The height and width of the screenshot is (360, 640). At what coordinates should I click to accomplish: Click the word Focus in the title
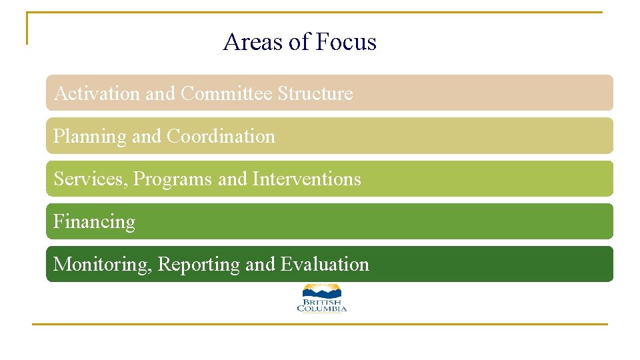(346, 42)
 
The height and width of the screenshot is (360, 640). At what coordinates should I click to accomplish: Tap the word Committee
(227, 94)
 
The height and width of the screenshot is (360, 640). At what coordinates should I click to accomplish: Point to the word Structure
(315, 94)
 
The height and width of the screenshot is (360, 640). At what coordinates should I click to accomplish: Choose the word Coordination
(221, 137)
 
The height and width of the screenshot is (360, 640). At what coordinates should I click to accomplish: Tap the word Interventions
(307, 179)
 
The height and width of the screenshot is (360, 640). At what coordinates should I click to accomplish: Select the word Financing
(94, 222)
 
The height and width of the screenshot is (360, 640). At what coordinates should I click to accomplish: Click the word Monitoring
(103, 265)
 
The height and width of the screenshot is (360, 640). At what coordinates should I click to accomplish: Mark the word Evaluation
(325, 265)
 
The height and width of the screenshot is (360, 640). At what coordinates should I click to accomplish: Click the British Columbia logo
(322, 298)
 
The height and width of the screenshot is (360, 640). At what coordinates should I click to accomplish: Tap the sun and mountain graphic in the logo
(322, 291)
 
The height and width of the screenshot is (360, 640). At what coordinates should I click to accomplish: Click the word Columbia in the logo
(322, 309)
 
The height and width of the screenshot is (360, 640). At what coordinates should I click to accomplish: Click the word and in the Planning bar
(147, 137)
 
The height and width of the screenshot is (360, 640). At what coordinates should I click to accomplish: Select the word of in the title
(301, 42)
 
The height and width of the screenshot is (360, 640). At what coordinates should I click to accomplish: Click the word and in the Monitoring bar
(260, 265)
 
